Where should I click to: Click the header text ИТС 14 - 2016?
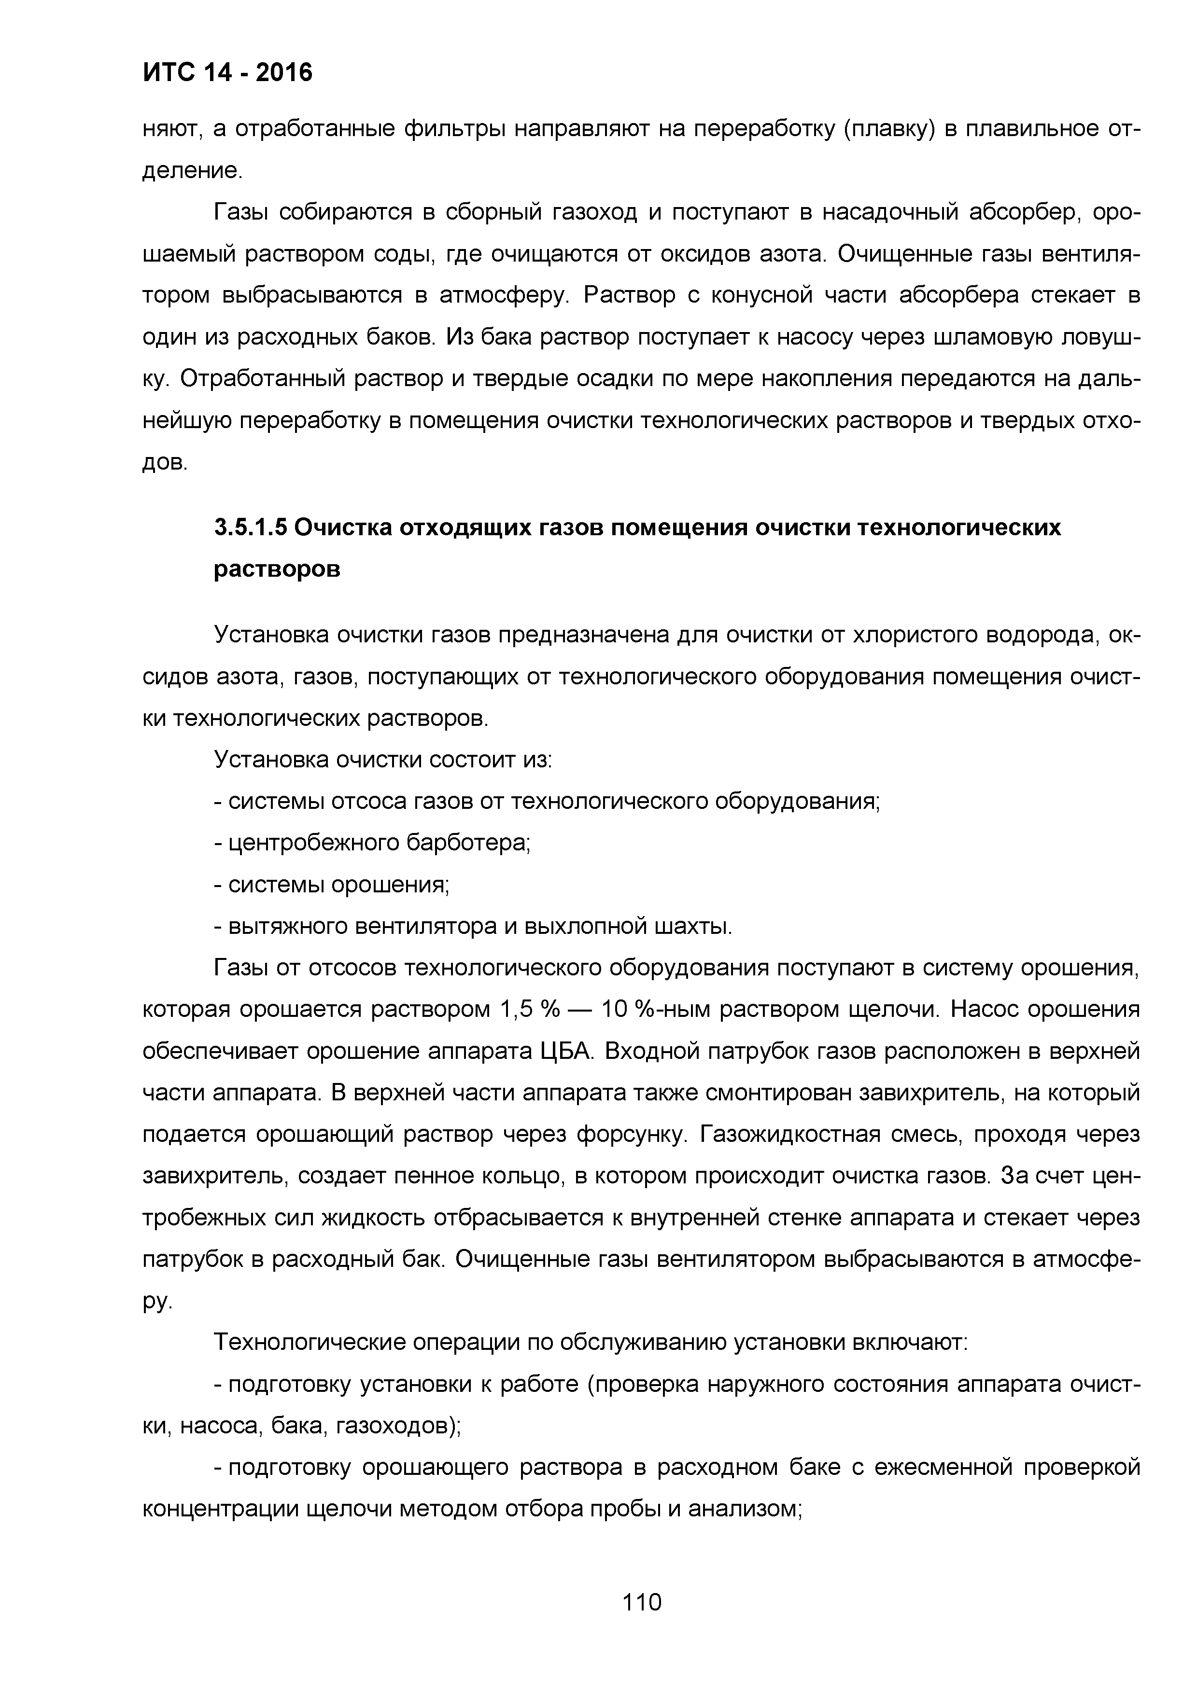click(x=227, y=72)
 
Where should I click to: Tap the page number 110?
click(x=642, y=1602)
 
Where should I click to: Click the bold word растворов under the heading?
click(x=277, y=570)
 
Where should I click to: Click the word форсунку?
click(x=631, y=1135)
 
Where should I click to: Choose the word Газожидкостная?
click(x=790, y=1135)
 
